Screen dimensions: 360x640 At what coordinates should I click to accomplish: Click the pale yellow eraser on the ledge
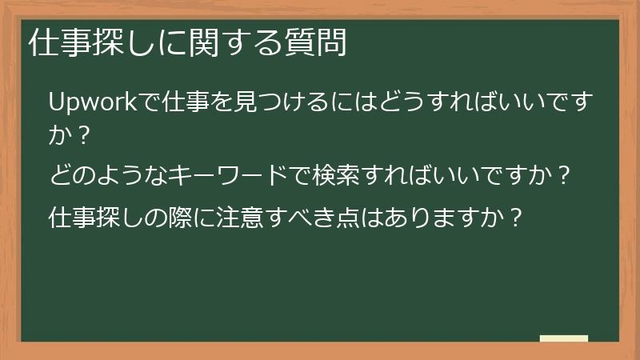(x=564, y=338)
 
